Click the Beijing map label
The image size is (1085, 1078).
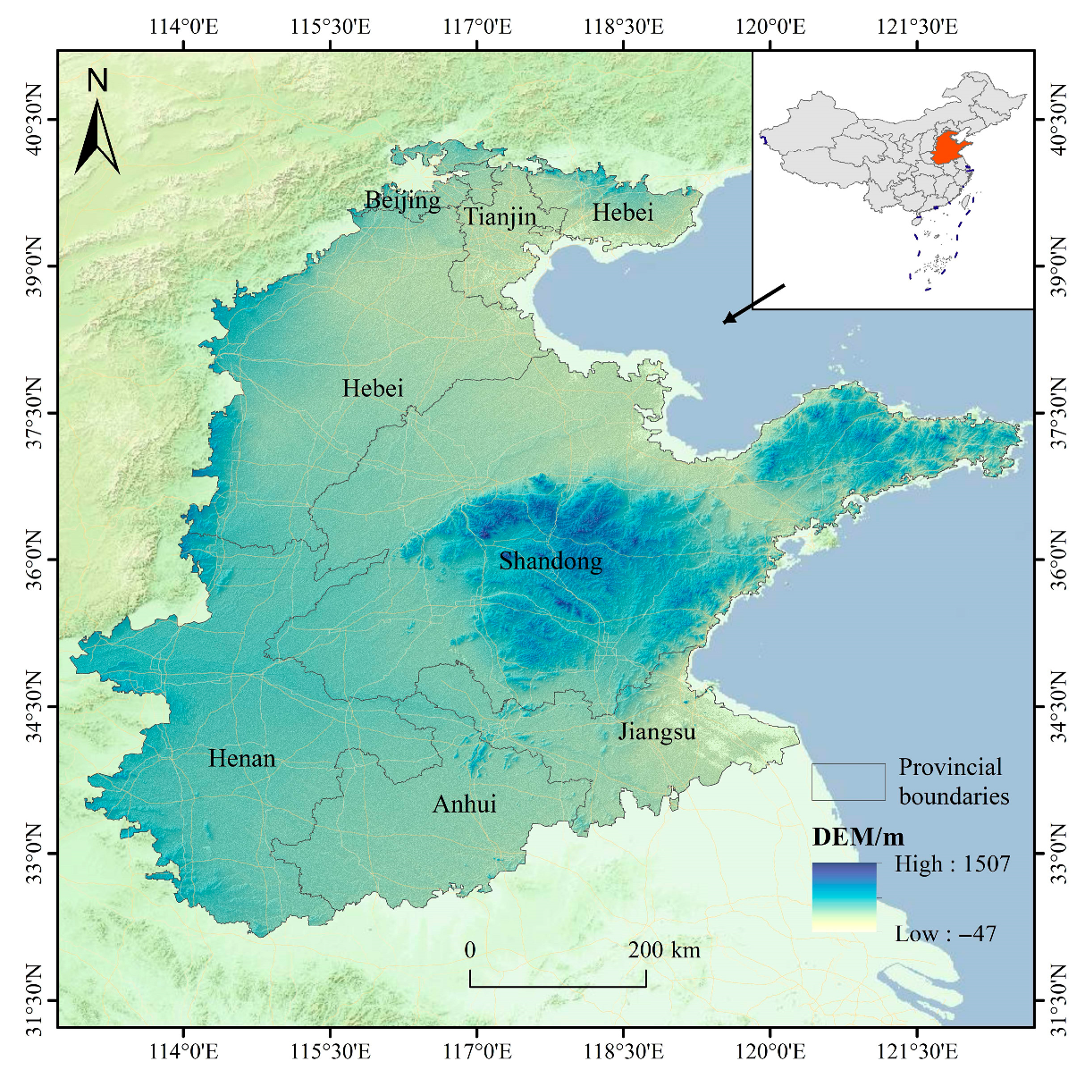[x=402, y=200]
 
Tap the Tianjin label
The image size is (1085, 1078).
[x=500, y=216]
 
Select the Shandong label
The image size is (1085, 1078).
[x=551, y=561]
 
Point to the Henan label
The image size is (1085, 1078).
[x=241, y=759]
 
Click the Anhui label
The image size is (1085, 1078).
[x=464, y=804]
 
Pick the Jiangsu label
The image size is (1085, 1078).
[x=657, y=732]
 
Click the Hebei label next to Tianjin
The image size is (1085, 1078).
[x=623, y=213]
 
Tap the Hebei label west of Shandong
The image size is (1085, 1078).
[x=373, y=389]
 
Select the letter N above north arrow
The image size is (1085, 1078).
[x=97, y=81]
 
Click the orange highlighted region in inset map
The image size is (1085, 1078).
[x=949, y=148]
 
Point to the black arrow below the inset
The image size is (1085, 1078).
[x=753, y=304]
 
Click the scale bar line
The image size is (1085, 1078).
[x=558, y=986]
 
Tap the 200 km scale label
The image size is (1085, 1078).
[x=664, y=950]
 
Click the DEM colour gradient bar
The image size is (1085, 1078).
[x=844, y=897]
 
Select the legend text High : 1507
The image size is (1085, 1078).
[x=952, y=864]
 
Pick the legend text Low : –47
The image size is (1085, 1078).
[x=946, y=934]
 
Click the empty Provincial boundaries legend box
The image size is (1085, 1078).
[x=848, y=782]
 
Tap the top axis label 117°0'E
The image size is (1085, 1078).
[x=477, y=26]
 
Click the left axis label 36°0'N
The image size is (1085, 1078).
[x=33, y=560]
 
